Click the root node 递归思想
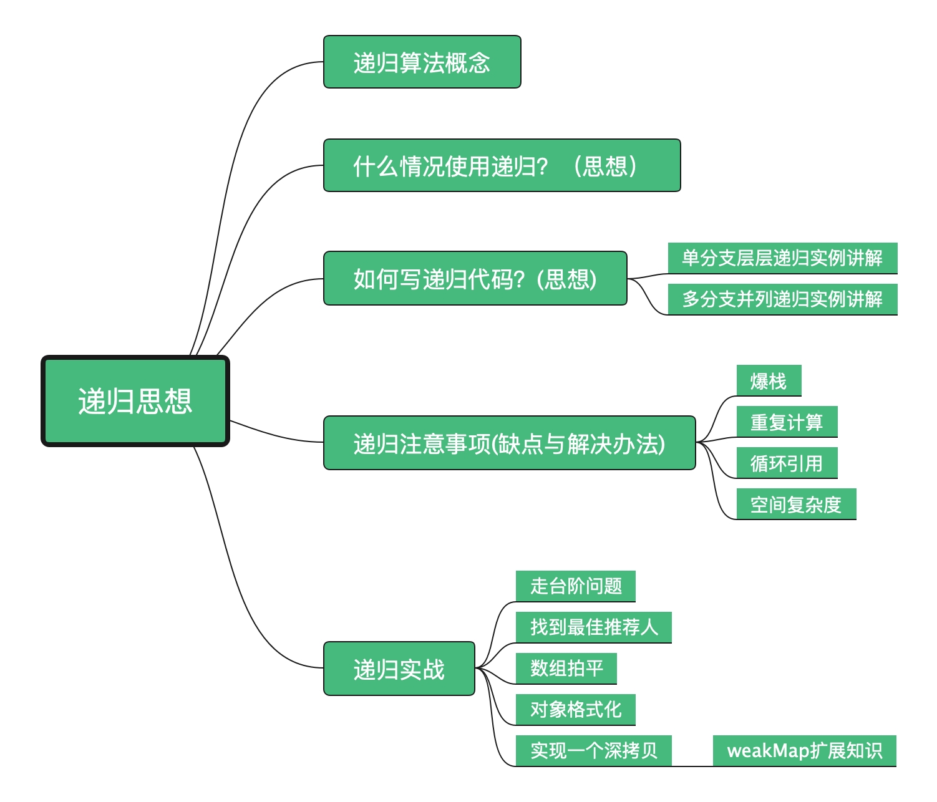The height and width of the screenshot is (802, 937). point(135,401)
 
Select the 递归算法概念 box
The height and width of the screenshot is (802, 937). point(422,62)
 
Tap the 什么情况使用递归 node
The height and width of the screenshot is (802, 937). point(502,165)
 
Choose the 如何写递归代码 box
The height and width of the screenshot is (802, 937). point(475,278)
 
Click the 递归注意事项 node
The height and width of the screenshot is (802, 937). point(509,443)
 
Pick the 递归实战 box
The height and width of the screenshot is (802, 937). point(399,669)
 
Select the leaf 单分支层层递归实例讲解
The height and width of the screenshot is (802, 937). point(782,258)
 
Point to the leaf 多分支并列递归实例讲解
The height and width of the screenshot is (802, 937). point(782,299)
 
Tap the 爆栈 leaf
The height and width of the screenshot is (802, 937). point(769,380)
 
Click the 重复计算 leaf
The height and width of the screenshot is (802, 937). point(787,422)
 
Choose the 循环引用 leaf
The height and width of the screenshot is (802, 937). point(787,463)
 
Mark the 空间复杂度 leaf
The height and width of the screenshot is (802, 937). point(796,504)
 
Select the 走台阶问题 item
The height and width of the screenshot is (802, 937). point(576,586)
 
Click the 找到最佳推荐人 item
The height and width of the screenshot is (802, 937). point(594,627)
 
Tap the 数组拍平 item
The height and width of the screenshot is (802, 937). point(566,668)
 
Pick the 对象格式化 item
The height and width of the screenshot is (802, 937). point(576,709)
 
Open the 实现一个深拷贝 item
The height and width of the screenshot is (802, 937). point(594,750)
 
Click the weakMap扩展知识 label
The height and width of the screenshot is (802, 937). point(805,750)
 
